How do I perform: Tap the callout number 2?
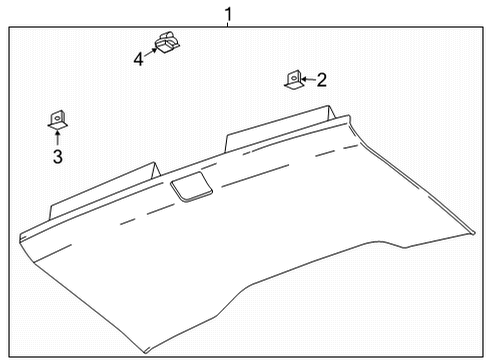[x=322, y=79]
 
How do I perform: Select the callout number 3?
[x=58, y=157]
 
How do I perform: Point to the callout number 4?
[x=139, y=60]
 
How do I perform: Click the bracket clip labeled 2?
[x=292, y=80]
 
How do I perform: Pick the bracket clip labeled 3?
[x=57, y=121]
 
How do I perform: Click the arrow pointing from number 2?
[x=308, y=79]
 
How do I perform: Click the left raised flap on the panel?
[x=105, y=187]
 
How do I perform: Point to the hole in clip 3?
[x=57, y=117]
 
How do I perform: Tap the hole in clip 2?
[x=293, y=76]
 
